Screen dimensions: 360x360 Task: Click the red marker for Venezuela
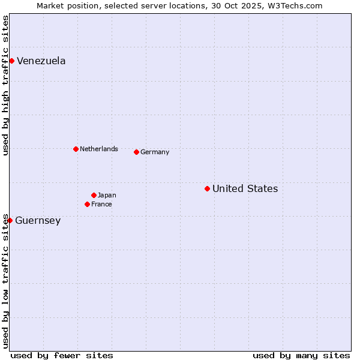coord(11,61)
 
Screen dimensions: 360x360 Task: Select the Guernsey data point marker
coord(10,220)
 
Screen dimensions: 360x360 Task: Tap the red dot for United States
coord(207,188)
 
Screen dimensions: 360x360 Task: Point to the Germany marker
coord(136,152)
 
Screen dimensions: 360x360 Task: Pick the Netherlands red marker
coord(76,149)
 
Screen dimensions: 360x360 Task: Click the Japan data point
coord(94,195)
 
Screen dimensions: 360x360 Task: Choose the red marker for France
coord(87,204)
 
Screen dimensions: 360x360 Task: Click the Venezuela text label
coord(41,61)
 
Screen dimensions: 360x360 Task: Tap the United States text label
coord(245,188)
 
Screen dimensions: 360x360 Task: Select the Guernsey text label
coord(38,220)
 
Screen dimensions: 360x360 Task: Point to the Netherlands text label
coord(98,149)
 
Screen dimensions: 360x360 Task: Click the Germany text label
coord(155,152)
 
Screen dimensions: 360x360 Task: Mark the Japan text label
coord(107,195)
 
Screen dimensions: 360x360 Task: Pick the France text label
coord(101,204)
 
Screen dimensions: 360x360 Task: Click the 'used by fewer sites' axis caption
coord(62,355)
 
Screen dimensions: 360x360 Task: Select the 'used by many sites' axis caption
coord(301,355)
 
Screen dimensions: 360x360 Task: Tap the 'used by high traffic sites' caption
coord(5,85)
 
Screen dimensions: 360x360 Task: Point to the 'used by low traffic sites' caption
coord(5,281)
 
